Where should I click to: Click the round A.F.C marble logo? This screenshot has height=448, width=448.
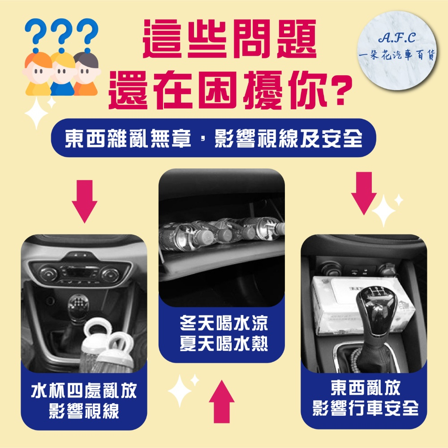point(397,50)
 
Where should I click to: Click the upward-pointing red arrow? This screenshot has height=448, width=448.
point(221,401)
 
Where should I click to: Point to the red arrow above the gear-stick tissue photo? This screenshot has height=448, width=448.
point(364,193)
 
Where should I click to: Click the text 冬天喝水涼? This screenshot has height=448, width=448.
point(224,323)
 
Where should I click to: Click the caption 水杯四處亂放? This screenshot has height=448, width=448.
point(84,391)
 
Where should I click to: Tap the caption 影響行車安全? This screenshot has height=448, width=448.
point(366,408)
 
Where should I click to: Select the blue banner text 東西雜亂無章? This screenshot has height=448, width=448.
point(128,138)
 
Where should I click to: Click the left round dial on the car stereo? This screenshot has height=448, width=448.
point(48,273)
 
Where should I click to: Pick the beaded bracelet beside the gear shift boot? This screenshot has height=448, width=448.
point(355,360)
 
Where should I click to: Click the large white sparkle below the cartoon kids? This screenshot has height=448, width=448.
point(36,113)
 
